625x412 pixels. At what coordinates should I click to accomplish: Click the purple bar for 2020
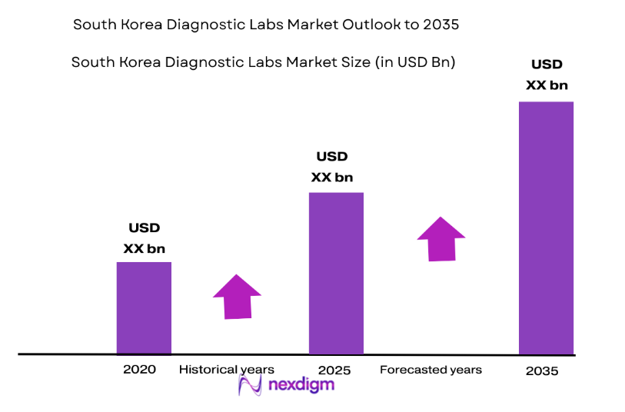[x=144, y=307]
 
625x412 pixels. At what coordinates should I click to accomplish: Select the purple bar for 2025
[x=336, y=273]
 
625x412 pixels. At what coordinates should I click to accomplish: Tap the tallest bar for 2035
[x=546, y=228]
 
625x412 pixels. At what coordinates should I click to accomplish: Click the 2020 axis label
[x=139, y=370]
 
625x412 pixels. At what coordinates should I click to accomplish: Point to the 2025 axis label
[x=334, y=370]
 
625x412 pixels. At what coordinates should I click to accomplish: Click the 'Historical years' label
[x=226, y=370]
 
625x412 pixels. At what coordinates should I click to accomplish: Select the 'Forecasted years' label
[x=431, y=370]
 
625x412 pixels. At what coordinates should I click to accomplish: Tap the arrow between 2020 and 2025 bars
[x=237, y=297]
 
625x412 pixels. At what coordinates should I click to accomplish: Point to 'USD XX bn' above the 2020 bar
[x=144, y=238]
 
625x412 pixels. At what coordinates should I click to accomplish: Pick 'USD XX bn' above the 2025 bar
[x=332, y=167]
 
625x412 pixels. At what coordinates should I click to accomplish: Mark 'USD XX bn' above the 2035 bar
[x=547, y=75]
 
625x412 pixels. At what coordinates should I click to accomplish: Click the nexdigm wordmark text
[x=301, y=384]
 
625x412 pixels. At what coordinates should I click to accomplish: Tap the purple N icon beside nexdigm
[x=251, y=384]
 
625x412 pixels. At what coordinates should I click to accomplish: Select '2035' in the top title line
[x=440, y=25]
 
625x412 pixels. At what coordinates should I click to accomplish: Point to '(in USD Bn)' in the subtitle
[x=415, y=62]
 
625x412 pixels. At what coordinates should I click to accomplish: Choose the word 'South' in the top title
[x=92, y=25]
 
